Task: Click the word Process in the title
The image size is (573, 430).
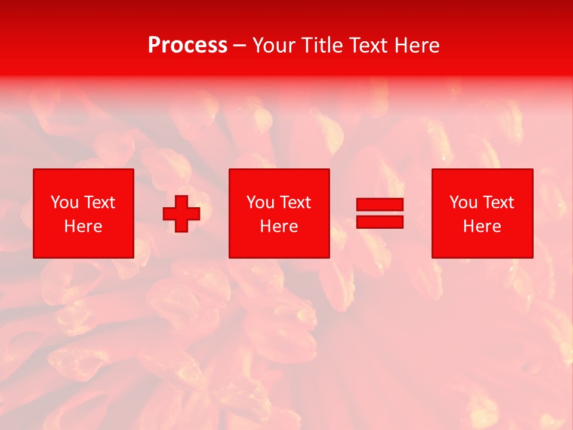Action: pos(187,45)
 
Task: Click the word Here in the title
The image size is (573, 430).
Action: pos(417,45)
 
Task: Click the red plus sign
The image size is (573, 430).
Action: pos(181,213)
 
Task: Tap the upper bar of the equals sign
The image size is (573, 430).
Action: pos(380,204)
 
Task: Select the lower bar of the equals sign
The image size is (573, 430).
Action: pos(380,222)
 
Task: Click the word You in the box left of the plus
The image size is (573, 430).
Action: pos(64,202)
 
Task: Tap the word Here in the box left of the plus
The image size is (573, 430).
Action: pos(83,226)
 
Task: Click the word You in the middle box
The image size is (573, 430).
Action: pos(260,202)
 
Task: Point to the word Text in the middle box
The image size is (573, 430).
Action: pos(294,202)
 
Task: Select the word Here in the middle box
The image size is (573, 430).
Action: pos(279,226)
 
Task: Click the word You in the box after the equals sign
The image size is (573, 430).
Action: pos(463,202)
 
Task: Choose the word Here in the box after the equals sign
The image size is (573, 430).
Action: pos(482,226)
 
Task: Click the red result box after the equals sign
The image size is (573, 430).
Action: pos(482,245)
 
